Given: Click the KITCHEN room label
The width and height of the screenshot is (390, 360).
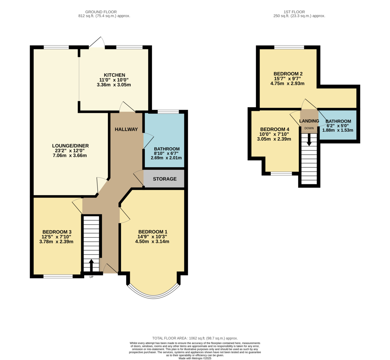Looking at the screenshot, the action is tap(114, 75).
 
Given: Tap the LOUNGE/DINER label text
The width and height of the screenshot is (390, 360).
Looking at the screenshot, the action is tap(70, 146).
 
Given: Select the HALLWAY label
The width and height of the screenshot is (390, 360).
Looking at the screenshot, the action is tap(126, 129).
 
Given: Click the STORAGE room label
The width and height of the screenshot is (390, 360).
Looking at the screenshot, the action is tap(164, 179).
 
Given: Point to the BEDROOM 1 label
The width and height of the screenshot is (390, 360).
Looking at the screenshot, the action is tap(152, 232).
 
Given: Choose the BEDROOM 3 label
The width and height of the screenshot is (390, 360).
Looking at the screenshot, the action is tap(57, 232).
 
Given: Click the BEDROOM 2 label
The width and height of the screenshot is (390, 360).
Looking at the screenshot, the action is tap(288, 74).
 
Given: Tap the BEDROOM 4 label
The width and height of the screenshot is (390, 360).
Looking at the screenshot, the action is tap(275, 129).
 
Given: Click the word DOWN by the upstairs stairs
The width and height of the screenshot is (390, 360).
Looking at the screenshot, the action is tap(309, 128).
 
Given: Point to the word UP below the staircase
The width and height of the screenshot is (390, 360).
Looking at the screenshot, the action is tap(91, 277).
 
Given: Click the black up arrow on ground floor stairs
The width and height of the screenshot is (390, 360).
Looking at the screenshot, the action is tap(91, 265).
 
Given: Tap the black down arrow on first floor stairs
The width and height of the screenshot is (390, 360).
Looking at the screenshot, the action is tap(309, 140).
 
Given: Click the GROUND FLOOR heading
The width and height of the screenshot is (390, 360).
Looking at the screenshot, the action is tap(101, 12).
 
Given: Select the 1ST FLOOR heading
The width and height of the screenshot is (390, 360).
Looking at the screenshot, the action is tap(294, 12).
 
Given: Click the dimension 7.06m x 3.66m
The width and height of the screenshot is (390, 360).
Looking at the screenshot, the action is tap(70, 156).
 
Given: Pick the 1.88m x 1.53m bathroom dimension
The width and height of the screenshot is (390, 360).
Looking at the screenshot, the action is tap(338, 130).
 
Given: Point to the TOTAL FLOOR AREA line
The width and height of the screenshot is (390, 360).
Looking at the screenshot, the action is tap(195, 338).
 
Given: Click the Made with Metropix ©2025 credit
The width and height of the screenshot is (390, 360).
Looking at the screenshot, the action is tap(195, 358).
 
